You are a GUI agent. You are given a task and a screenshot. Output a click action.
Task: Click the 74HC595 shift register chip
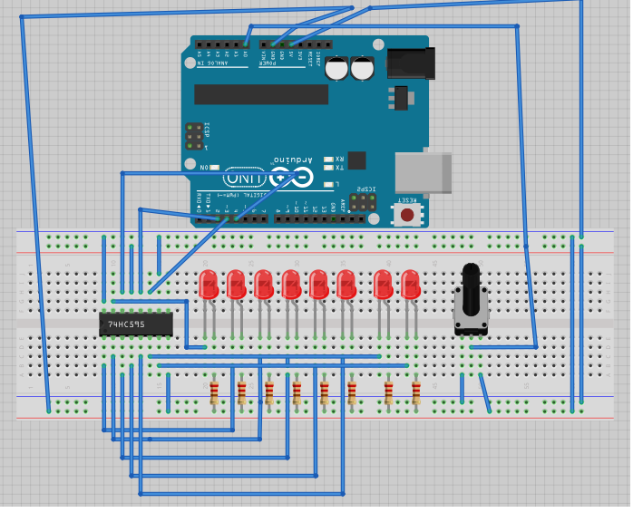coord(135,324)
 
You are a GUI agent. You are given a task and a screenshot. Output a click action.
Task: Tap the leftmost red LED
coord(208,284)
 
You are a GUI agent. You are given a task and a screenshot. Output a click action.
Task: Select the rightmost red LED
coord(410,284)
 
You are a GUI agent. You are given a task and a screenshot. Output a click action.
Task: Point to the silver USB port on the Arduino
coord(424,172)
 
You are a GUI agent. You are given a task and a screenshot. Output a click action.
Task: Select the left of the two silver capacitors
coord(337,68)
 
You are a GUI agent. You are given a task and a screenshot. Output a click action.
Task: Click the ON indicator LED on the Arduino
coord(215,168)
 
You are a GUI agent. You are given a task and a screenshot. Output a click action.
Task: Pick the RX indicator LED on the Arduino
coord(328,159)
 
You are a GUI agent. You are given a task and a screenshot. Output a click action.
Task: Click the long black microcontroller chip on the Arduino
coord(261,94)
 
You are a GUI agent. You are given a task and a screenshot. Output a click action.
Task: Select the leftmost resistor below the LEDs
coord(214,392)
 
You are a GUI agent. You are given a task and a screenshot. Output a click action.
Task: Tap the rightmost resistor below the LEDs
coord(416,392)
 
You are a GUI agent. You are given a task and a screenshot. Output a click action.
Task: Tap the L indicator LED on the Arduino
coord(327,184)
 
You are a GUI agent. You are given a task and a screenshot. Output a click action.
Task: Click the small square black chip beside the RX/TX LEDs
coord(356,160)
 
